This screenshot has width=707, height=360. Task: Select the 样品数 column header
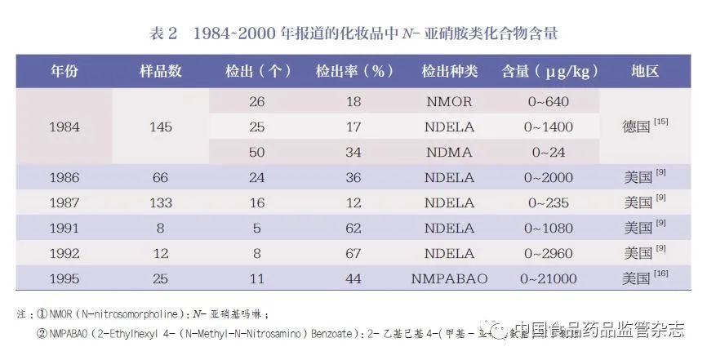point(160,71)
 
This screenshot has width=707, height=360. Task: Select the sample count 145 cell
point(160,127)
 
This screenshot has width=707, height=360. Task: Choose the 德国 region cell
point(637,127)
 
